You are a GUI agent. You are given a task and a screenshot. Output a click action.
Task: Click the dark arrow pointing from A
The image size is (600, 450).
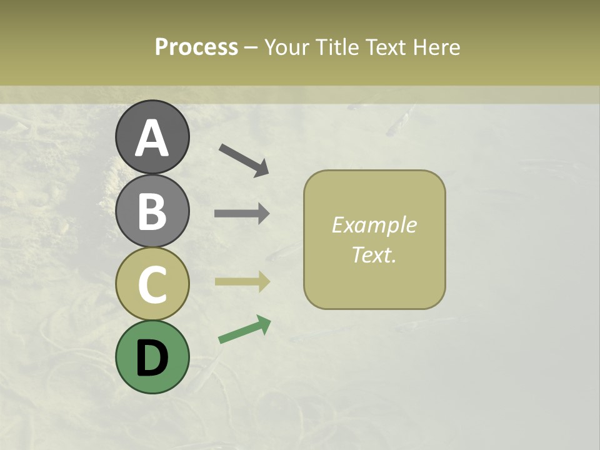coord(244,159)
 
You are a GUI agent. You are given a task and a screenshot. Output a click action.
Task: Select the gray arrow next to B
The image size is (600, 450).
coord(242,214)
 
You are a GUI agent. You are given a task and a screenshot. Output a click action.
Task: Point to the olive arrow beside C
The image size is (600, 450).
coord(242,282)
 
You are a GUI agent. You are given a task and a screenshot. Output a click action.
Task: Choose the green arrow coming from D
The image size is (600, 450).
coord(244,329)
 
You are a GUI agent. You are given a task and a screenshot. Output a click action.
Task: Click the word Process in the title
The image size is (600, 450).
coord(196,47)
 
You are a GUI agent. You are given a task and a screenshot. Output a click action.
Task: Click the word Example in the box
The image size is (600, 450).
coord(374,225)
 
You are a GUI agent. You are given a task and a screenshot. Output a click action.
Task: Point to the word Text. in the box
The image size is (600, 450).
coord(374,254)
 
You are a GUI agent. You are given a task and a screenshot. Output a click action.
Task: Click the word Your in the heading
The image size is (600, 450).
coord(285,47)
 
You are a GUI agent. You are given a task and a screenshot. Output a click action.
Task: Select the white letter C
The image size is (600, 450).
coord(152,285)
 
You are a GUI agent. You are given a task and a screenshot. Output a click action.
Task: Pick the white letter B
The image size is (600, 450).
coord(152,212)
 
